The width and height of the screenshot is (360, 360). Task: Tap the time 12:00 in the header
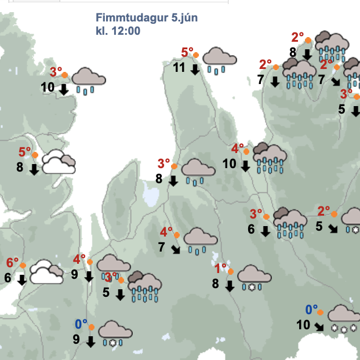[127, 31]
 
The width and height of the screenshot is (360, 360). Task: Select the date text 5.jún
[185, 18]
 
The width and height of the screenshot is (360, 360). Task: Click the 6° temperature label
[12, 263]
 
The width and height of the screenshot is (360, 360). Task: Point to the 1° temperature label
[220, 268]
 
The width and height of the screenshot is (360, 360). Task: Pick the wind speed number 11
[179, 67]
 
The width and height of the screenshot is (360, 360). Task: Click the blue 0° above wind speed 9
[81, 323]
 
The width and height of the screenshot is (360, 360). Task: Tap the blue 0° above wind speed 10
[312, 310]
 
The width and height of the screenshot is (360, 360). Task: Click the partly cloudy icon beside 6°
[46, 272]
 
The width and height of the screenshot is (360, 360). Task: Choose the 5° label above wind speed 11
[187, 53]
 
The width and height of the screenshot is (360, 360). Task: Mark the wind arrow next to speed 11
[195, 70]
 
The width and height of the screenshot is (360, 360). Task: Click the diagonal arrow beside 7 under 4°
[176, 250]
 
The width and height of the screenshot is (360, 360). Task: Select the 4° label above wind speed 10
[238, 148]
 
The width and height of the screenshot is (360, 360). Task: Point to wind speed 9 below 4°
[74, 274]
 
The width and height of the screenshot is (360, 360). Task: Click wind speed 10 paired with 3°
[48, 88]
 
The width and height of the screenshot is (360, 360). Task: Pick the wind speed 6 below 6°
[8, 278]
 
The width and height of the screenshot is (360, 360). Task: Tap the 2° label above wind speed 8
[297, 38]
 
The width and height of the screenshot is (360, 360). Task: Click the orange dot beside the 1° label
[231, 271]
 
